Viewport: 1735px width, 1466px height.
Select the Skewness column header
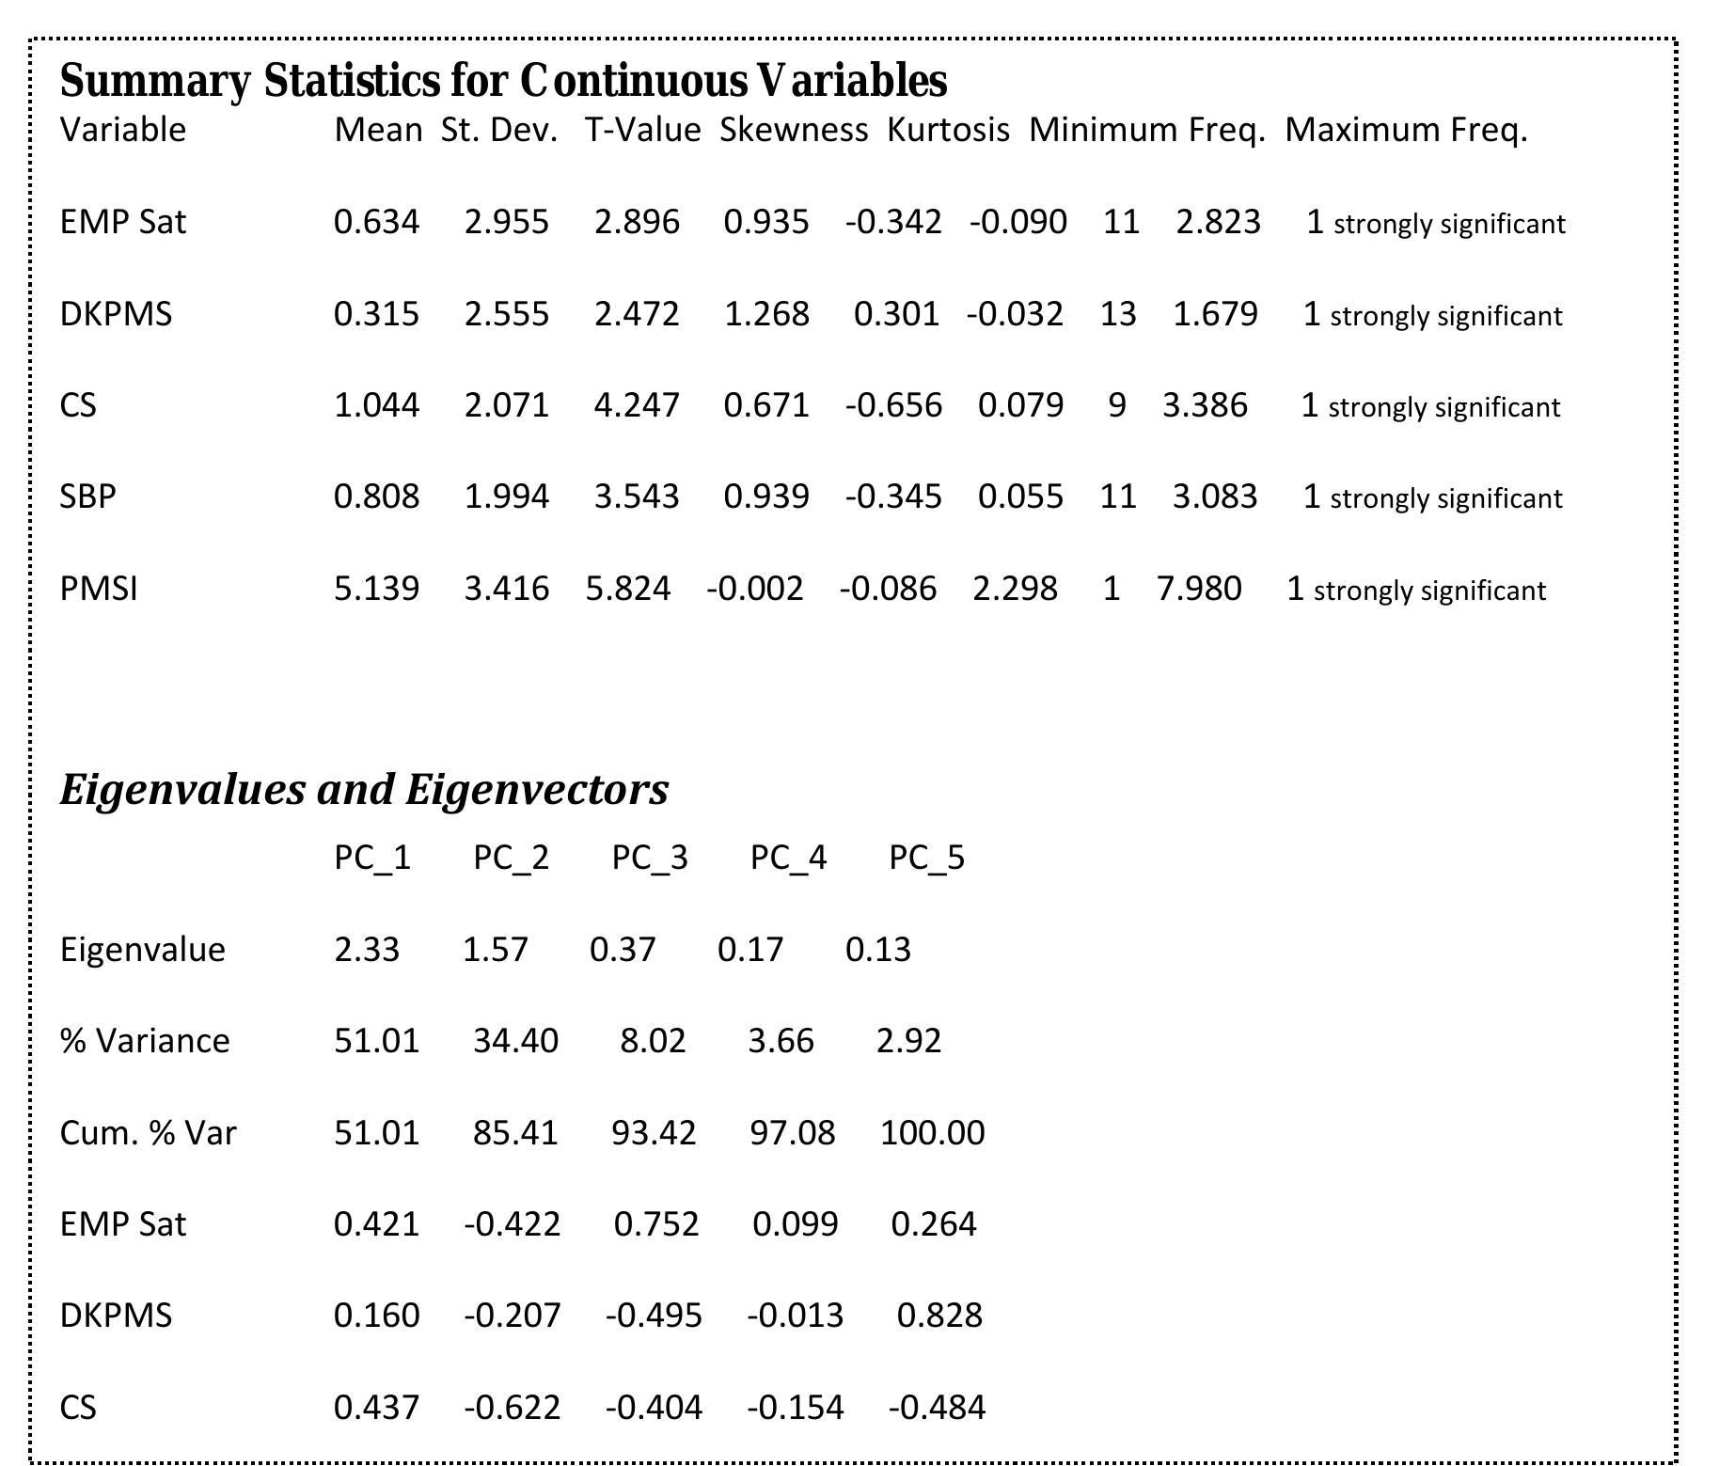[794, 130]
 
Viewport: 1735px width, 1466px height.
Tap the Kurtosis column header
[948, 130]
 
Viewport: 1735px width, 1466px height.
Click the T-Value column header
[642, 130]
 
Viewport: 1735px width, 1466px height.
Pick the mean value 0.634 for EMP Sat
[376, 222]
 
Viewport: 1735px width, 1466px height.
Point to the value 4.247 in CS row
[636, 405]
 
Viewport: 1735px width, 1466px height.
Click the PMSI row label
[99, 589]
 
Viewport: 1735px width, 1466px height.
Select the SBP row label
[88, 497]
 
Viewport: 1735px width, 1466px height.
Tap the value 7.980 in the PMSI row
[1199, 589]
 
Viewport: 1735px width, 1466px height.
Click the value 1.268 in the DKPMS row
[766, 314]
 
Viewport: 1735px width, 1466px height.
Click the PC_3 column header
[650, 858]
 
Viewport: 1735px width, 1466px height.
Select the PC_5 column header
[927, 858]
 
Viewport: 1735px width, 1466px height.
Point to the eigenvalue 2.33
[367, 950]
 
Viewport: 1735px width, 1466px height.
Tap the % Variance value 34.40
[515, 1041]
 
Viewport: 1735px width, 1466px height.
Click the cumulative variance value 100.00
[932, 1132]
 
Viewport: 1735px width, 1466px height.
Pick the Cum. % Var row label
[148, 1132]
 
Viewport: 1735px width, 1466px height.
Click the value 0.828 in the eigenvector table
[939, 1316]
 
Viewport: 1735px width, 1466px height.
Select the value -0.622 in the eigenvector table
[513, 1408]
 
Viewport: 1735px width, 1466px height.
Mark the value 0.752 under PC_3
[656, 1224]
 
